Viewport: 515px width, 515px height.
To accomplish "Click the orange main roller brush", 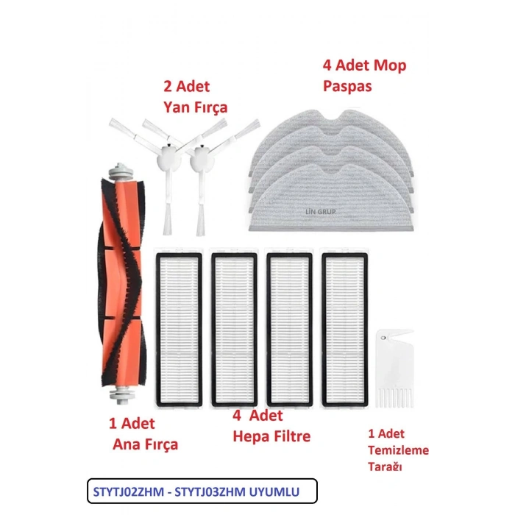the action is (x=123, y=283).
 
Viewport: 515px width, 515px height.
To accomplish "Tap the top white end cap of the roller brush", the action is (x=121, y=171).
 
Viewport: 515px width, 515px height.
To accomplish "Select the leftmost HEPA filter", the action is (x=179, y=330).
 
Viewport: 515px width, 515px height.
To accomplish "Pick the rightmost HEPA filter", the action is (x=345, y=330).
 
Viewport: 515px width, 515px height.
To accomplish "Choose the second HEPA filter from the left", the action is (x=234, y=330).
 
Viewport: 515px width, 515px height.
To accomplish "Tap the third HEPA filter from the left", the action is (x=289, y=330).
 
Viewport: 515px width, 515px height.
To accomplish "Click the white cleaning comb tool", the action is (x=395, y=369).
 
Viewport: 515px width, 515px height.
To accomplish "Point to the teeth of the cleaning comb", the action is (x=395, y=398).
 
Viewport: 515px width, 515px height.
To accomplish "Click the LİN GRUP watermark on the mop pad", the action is (x=321, y=212).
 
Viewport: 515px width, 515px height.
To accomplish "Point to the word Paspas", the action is (x=347, y=86).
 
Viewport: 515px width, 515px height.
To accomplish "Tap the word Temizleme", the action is (x=399, y=450).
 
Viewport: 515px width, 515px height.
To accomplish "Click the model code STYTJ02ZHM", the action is (x=129, y=492).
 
